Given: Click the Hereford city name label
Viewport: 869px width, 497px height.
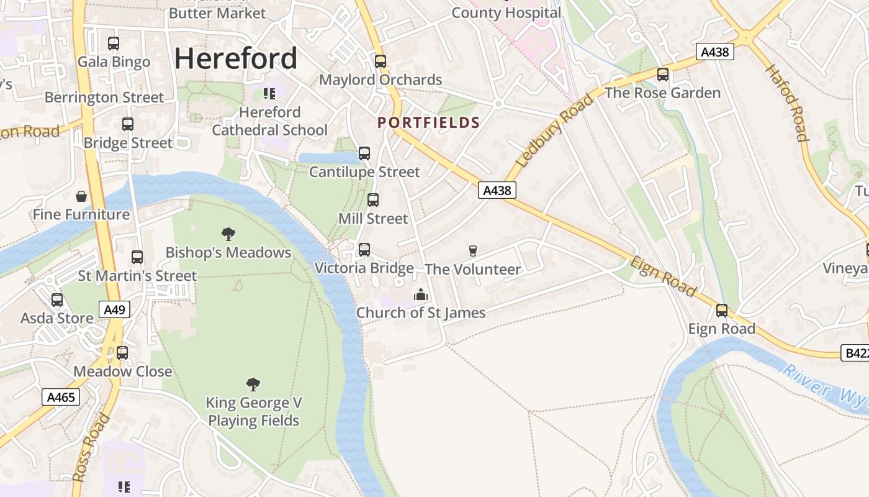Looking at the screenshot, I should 236,58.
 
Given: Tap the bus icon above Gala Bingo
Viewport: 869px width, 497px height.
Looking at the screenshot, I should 114,43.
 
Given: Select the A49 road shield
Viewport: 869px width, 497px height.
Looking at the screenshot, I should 114,309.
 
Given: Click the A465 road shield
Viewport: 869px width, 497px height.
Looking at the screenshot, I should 61,396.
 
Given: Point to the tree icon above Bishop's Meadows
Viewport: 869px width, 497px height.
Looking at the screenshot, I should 228,234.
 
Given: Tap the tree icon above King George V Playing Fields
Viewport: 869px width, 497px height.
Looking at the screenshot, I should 253,384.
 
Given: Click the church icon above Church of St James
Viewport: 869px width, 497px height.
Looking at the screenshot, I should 421,294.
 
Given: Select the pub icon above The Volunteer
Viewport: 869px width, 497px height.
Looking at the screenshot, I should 473,251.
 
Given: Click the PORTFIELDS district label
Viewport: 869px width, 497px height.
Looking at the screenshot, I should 429,122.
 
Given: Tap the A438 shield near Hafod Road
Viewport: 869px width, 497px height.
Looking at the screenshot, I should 714,52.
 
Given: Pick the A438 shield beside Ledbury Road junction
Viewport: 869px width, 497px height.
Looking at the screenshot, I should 497,190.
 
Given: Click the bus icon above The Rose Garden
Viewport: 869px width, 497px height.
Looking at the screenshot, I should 663,75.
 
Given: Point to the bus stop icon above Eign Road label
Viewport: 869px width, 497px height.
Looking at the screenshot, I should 722,310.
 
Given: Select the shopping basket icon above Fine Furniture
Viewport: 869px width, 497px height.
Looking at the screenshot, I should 81,197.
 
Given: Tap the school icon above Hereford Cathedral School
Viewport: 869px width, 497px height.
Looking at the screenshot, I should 269,94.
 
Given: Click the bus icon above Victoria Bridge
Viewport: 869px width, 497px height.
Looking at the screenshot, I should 364,250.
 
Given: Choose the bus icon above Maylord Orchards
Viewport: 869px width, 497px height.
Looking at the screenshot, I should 380,62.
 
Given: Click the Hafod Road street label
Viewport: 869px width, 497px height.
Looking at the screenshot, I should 786,103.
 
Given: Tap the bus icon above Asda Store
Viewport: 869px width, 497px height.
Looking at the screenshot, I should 57,300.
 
